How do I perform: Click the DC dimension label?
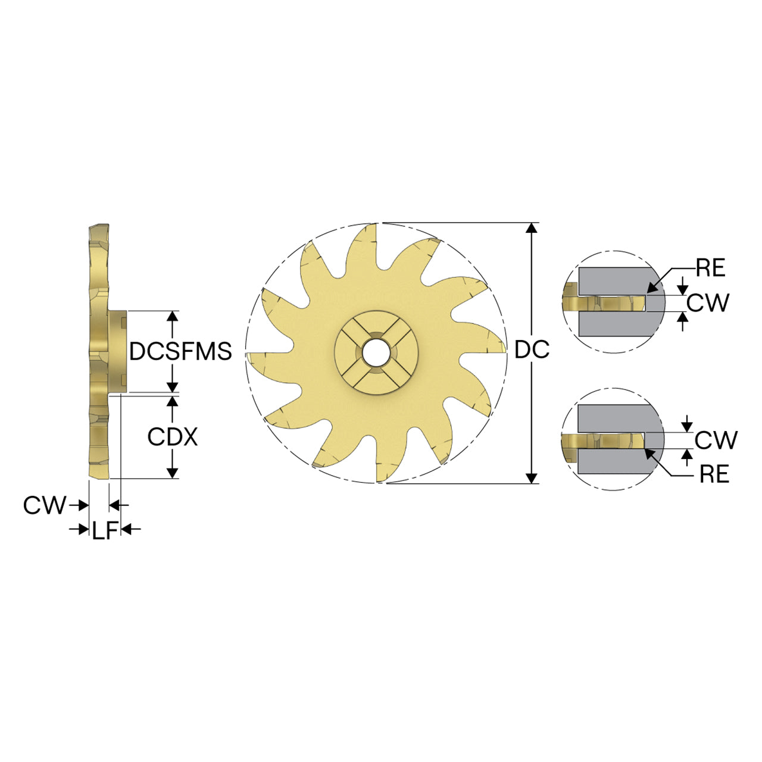pyautogui.click(x=532, y=349)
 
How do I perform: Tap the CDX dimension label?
pyautogui.click(x=173, y=437)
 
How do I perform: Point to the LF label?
pyautogui.click(x=105, y=530)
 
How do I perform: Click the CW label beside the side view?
pyautogui.click(x=45, y=505)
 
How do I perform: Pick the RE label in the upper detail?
pyautogui.click(x=711, y=268)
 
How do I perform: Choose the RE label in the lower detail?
pyautogui.click(x=714, y=474)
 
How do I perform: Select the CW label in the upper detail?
pyautogui.click(x=707, y=303)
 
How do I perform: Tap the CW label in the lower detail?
pyautogui.click(x=716, y=440)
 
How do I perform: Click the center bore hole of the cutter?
pyautogui.click(x=376, y=352)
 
